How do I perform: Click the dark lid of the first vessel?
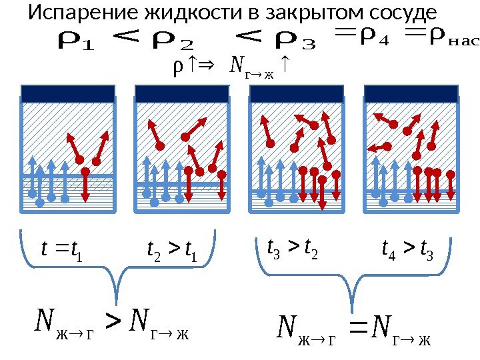(67, 93)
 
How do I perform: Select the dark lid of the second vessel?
(182, 93)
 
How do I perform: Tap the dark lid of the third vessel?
(296, 93)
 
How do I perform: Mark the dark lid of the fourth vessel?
(411, 93)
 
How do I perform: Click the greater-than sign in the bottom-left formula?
(115, 325)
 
